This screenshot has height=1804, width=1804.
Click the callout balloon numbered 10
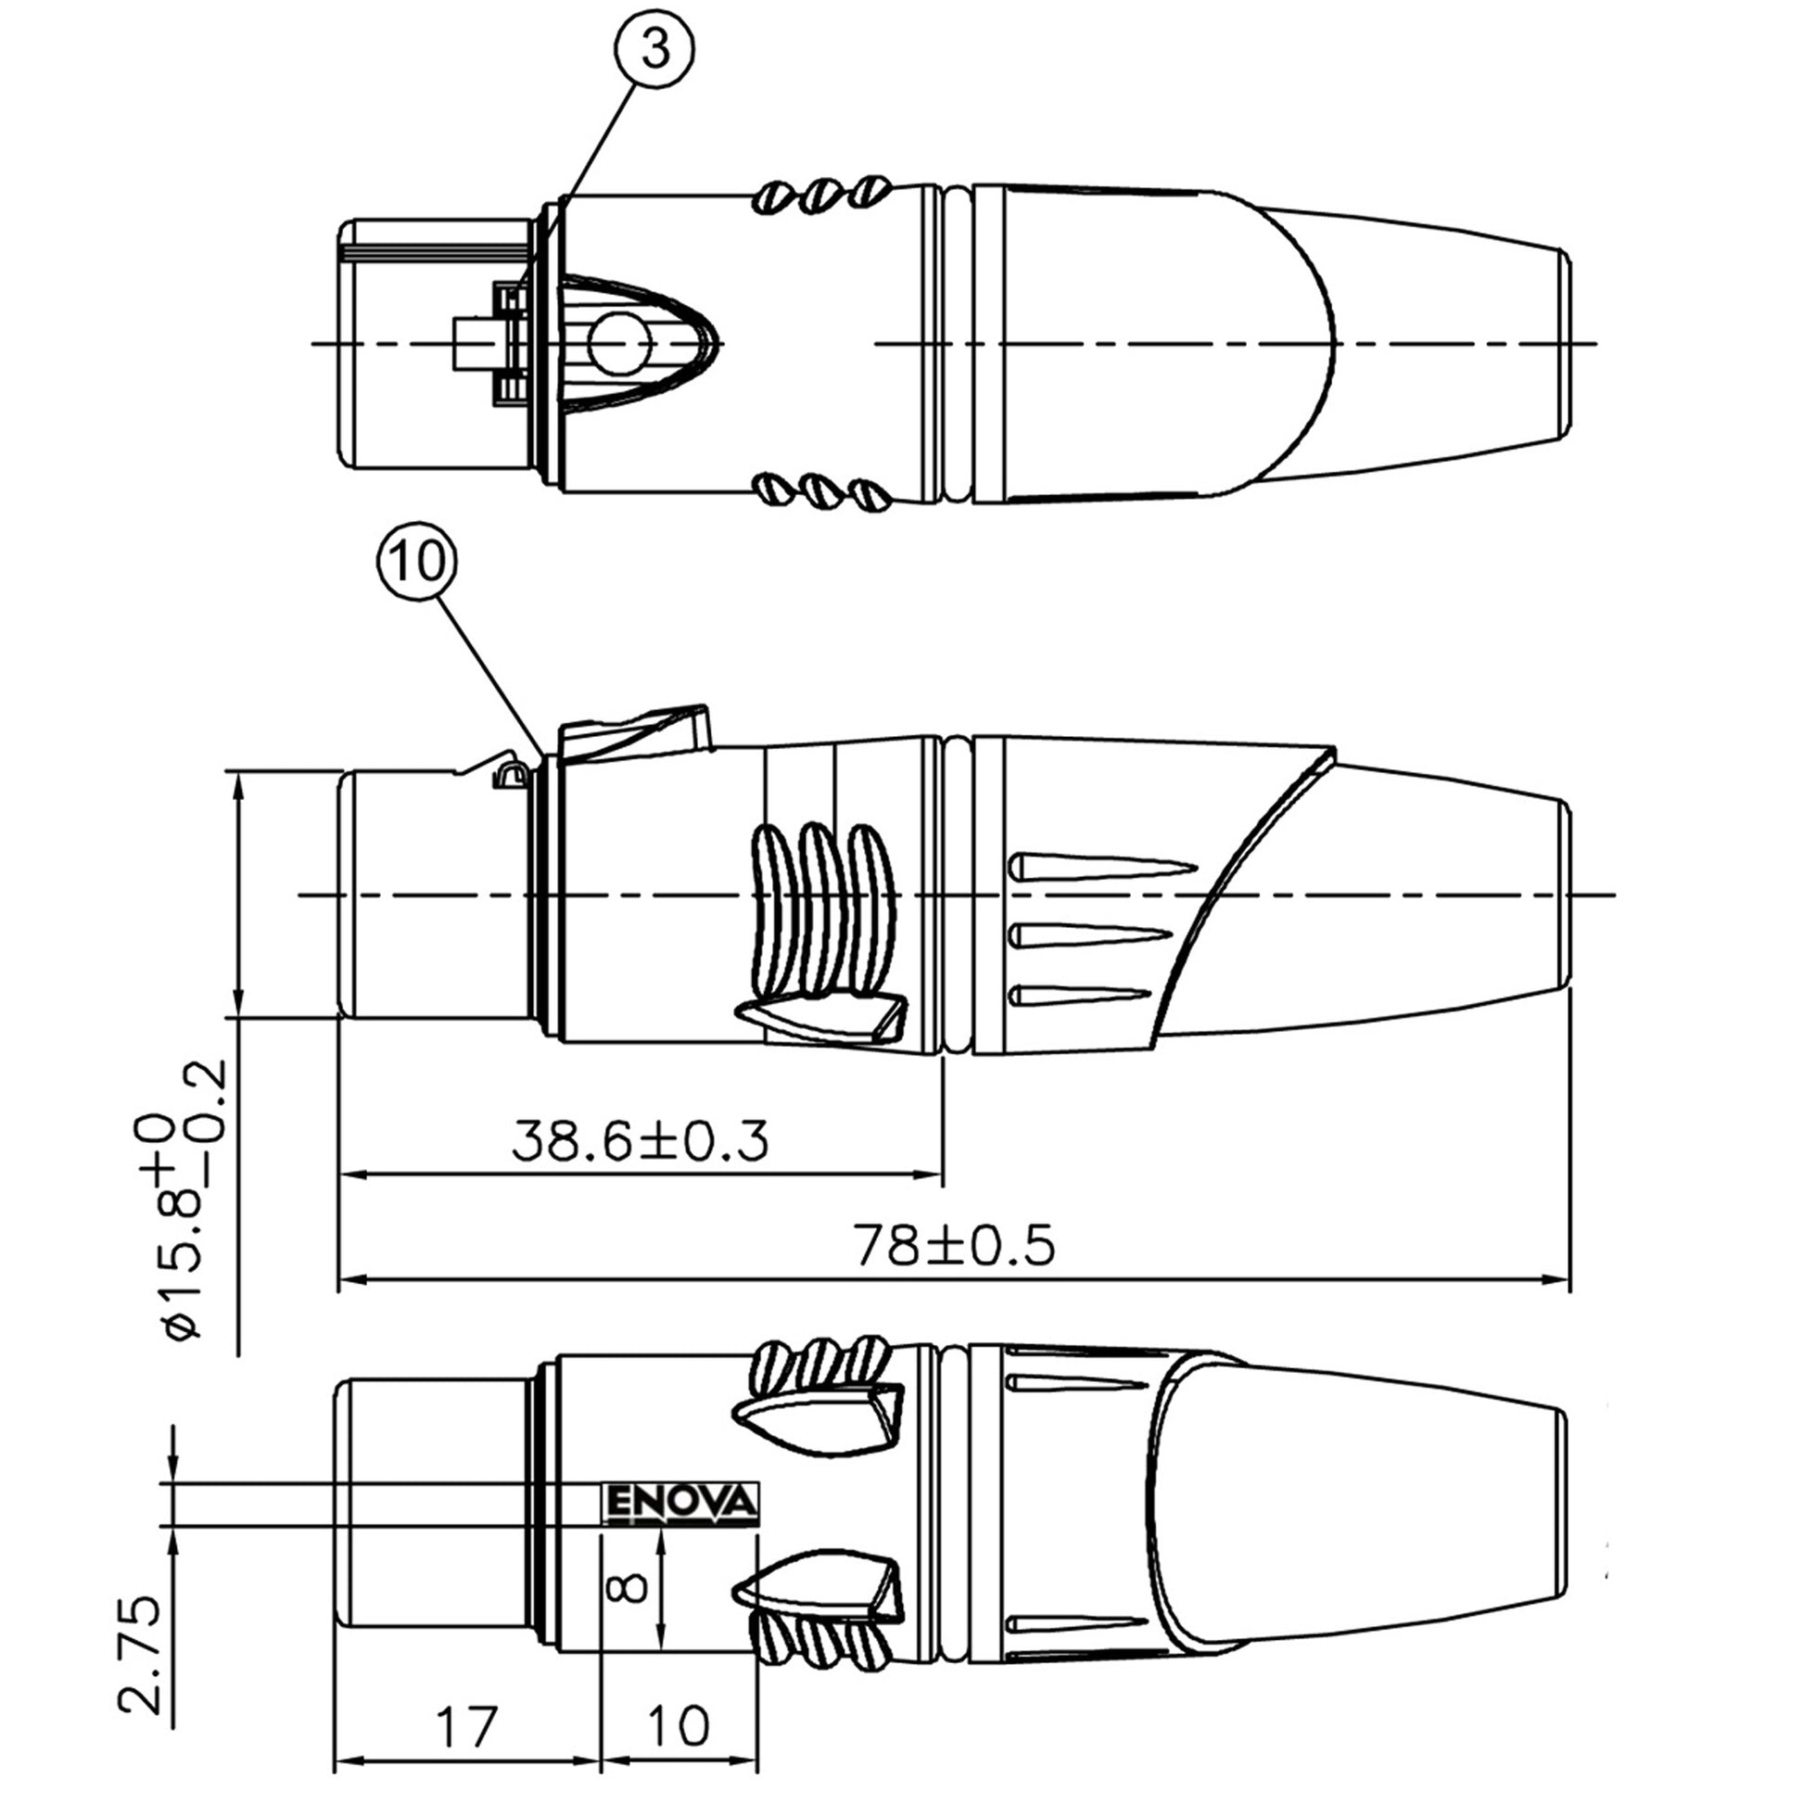pyautogui.click(x=417, y=562)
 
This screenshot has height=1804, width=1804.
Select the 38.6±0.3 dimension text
pyautogui.click(x=641, y=1140)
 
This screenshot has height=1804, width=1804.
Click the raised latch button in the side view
pyautogui.click(x=635, y=732)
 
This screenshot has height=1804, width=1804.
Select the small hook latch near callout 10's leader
pyautogui.click(x=509, y=776)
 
